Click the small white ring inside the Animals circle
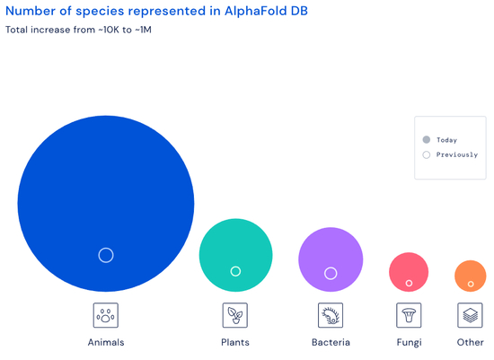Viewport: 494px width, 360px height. point(106,255)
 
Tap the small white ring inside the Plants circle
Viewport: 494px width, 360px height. point(235,271)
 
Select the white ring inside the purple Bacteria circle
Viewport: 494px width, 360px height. point(331,273)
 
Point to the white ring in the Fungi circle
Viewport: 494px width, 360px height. point(409,284)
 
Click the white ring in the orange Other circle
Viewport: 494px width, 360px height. point(471,285)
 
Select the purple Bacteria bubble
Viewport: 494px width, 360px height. point(331,251)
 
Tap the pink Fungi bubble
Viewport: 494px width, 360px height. point(409,268)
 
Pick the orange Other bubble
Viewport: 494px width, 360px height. point(471,273)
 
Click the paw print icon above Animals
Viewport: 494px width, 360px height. point(106,315)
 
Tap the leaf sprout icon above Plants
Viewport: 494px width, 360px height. point(235,315)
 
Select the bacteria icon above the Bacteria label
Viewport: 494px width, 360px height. point(331,315)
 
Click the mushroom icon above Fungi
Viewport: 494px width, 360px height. point(409,315)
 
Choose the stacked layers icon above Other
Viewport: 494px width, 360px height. point(470,315)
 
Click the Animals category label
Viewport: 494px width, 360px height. point(106,343)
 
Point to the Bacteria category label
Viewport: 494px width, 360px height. point(331,343)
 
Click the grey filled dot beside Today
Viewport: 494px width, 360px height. point(427,140)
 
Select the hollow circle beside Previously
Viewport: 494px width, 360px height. point(427,154)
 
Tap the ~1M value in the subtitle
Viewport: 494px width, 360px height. point(144,31)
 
